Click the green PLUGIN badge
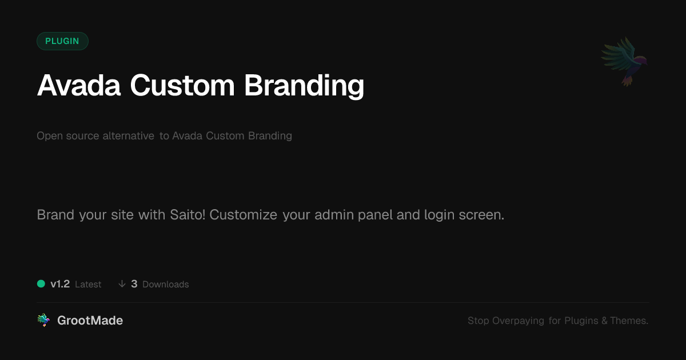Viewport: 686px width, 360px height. [62, 41]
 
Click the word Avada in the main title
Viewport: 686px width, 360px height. [79, 85]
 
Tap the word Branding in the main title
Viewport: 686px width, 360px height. [304, 86]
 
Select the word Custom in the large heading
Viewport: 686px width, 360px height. [182, 85]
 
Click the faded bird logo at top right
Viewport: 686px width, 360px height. [625, 62]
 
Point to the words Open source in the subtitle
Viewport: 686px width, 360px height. [68, 136]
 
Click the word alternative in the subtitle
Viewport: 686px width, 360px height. [128, 135]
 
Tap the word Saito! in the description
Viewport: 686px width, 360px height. [188, 215]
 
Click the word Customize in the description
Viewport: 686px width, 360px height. [244, 215]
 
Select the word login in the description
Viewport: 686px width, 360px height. [440, 215]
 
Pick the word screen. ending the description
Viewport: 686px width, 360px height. [481, 215]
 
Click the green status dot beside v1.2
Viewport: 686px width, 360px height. [41, 284]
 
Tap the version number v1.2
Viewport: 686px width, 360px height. [60, 284]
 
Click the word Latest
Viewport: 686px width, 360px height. [88, 285]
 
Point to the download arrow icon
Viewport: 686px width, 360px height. [122, 284]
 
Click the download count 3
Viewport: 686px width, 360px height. [134, 284]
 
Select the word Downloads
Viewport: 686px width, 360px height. [166, 285]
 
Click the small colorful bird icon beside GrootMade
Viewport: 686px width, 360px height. [44, 320]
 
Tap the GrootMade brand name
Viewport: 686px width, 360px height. [90, 321]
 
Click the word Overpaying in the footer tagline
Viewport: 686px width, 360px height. [518, 321]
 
